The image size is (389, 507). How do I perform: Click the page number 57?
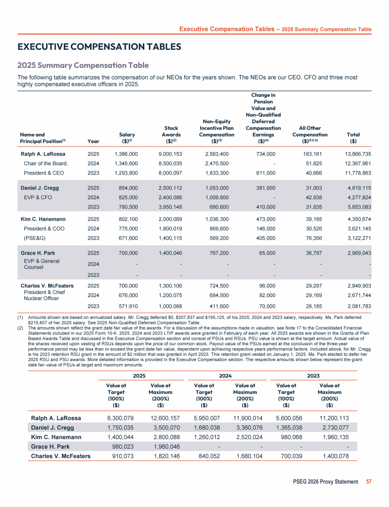coord(369,481)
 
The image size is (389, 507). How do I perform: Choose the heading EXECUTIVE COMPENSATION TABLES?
coord(99,47)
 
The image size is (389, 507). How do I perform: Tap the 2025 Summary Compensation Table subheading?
coord(83,65)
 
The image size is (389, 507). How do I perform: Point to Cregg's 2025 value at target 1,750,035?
coord(121,428)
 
